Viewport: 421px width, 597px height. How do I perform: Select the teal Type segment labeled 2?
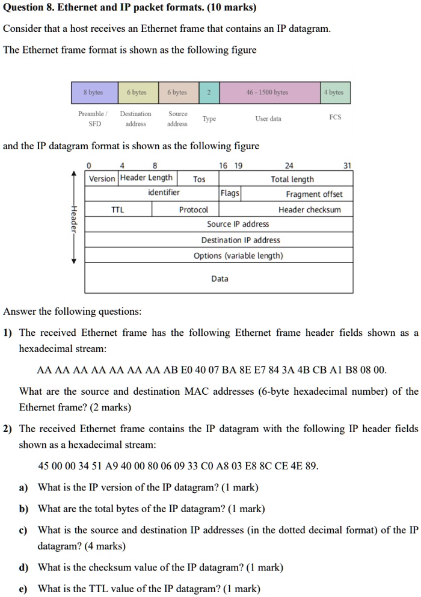[x=209, y=93]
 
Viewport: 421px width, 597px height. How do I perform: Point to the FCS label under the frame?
[x=336, y=117]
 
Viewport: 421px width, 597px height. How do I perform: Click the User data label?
[x=268, y=119]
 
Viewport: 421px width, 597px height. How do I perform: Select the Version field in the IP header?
[x=102, y=179]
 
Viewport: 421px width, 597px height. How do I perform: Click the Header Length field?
[x=146, y=178]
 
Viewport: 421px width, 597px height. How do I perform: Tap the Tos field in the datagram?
[x=199, y=179]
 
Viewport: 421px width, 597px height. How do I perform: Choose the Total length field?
[x=292, y=179]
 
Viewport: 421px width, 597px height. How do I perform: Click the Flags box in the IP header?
[x=230, y=193]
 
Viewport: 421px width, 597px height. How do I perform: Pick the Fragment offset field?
[x=314, y=194]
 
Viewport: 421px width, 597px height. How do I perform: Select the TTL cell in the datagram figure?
[x=118, y=209]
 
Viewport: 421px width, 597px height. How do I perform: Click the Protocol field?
[x=193, y=209]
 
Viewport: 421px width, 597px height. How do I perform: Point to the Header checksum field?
[x=309, y=209]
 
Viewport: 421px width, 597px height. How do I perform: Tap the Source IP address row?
[x=238, y=224]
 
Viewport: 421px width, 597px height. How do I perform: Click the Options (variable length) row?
[x=238, y=256]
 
